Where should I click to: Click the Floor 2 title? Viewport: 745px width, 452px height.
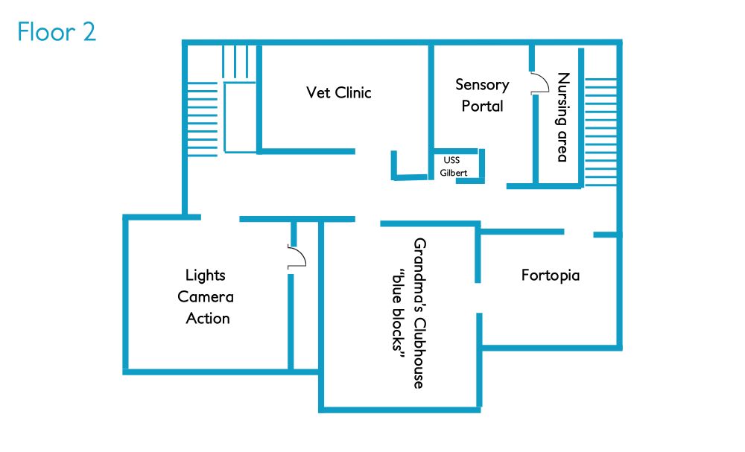(57, 32)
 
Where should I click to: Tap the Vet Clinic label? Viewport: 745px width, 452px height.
(338, 92)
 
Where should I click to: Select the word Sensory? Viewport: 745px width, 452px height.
(482, 85)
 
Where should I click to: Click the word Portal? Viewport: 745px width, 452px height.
(482, 106)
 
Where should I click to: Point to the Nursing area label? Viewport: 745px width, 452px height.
(563, 117)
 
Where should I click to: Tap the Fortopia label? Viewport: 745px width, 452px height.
(550, 276)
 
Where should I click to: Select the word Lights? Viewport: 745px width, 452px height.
(205, 276)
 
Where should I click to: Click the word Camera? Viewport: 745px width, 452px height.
(206, 297)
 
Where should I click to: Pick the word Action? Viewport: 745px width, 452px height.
(208, 318)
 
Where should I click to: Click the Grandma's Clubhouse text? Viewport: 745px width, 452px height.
(419, 313)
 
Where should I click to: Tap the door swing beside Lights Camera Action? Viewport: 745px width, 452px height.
(298, 257)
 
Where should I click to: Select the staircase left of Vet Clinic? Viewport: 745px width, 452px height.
(202, 119)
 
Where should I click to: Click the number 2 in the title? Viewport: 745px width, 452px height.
(89, 32)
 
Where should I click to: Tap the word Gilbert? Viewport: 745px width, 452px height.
(454, 172)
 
